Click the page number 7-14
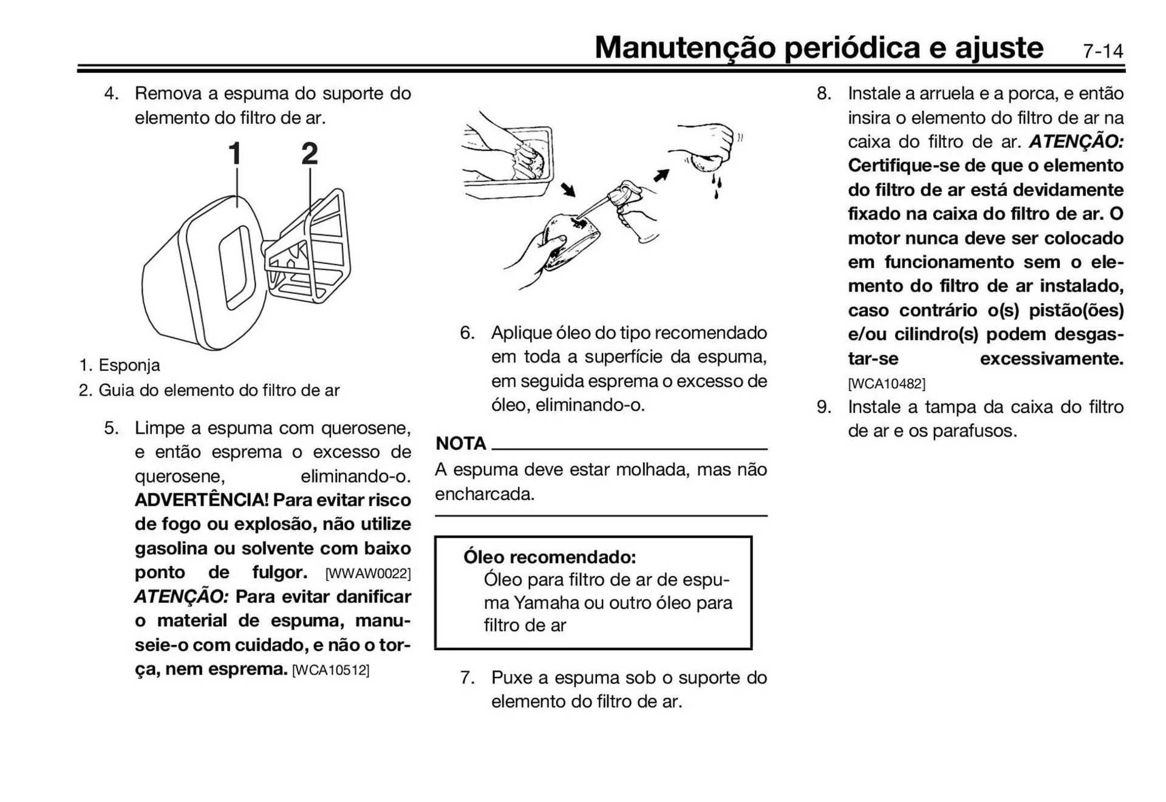click(1103, 51)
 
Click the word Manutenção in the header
click(684, 48)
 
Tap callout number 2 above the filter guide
click(309, 154)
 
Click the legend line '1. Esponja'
click(120, 365)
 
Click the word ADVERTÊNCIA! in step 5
click(201, 500)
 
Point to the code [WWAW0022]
click(368, 574)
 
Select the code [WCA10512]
click(331, 670)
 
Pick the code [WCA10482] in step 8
click(887, 384)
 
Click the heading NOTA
click(461, 444)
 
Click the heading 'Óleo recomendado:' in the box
click(550, 557)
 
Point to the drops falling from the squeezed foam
click(717, 185)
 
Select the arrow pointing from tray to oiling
click(568, 189)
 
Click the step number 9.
click(823, 407)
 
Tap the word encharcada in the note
click(485, 494)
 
